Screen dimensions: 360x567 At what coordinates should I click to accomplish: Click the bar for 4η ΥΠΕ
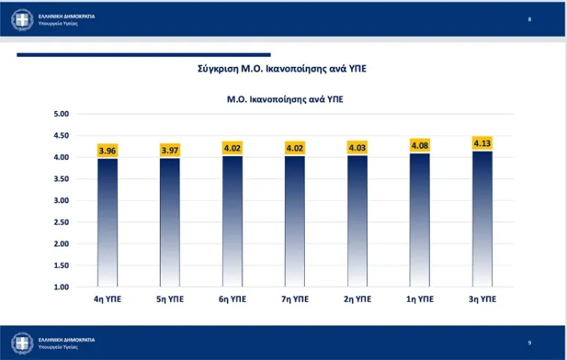click(x=107, y=223)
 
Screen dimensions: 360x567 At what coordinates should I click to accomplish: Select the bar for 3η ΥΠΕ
click(x=482, y=219)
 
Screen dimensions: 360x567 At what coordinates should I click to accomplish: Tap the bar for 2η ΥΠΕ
click(x=358, y=221)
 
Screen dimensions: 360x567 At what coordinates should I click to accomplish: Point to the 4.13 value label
click(x=482, y=143)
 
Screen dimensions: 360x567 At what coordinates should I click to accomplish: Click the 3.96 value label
click(x=107, y=150)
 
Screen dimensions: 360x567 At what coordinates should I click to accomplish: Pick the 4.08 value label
click(x=420, y=145)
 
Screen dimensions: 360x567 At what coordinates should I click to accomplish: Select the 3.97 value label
click(x=170, y=150)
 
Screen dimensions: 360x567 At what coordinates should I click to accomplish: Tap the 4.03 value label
click(x=358, y=147)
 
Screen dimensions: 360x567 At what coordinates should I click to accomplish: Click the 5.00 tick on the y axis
click(x=61, y=114)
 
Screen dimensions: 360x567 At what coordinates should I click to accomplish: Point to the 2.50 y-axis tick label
click(x=61, y=222)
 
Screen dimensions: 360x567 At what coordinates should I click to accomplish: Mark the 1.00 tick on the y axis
click(x=61, y=287)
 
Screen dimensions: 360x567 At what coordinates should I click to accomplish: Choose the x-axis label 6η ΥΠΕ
click(x=232, y=300)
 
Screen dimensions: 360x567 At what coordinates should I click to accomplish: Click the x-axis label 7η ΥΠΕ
click(x=295, y=300)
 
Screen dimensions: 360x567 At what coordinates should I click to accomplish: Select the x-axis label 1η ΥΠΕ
click(x=420, y=300)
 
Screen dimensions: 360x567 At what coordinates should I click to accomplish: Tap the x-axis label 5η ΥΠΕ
click(x=170, y=300)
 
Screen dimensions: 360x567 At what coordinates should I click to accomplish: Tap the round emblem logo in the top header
click(x=22, y=19)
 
